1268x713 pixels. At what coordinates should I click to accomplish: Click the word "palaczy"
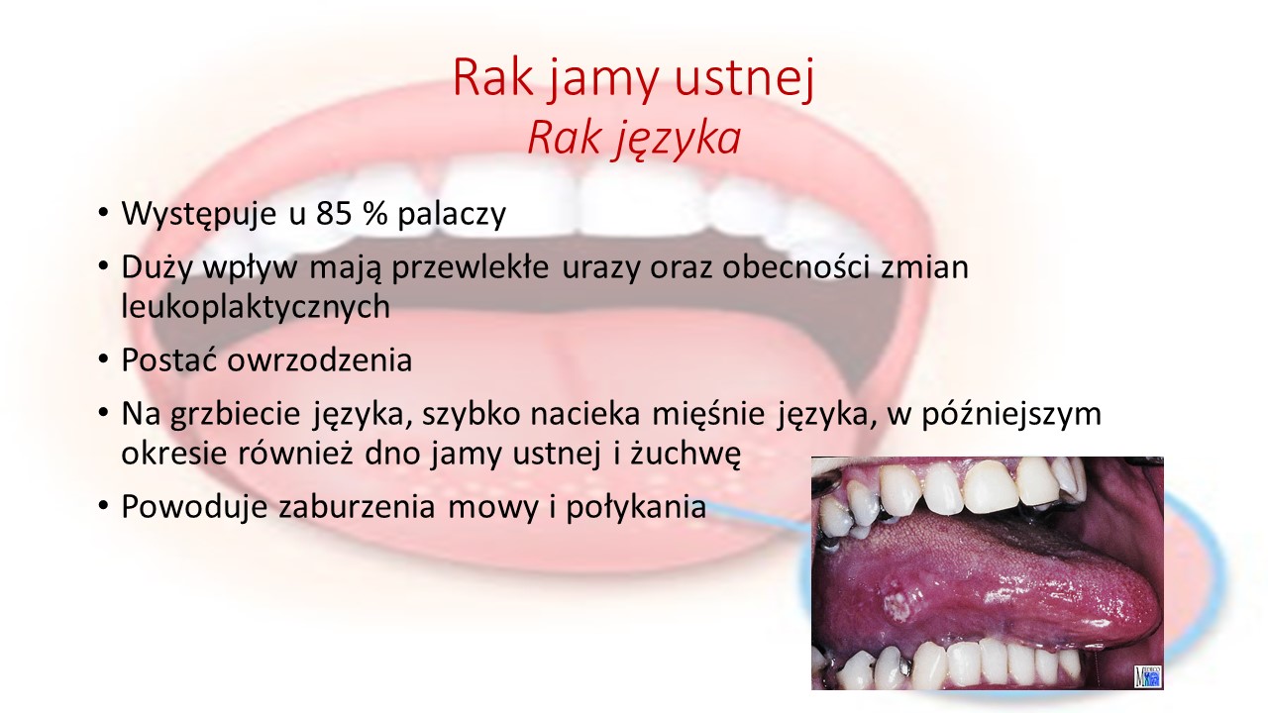point(452,215)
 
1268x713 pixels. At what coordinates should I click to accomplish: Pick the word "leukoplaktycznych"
point(256,307)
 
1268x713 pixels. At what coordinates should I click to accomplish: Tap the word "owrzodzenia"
point(320,359)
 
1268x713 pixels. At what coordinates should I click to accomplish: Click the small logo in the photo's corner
point(1147,675)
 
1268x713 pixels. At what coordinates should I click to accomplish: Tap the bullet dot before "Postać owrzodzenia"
point(104,359)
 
